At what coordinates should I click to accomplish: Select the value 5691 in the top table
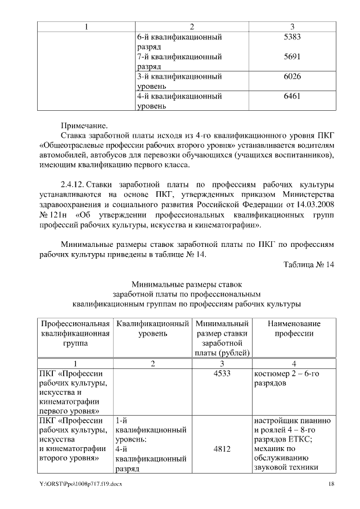(x=292, y=56)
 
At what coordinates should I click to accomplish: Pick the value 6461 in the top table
(x=292, y=96)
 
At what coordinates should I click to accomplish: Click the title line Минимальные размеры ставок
(x=186, y=284)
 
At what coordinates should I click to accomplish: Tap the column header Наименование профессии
(x=294, y=329)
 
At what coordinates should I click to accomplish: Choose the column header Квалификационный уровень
(x=151, y=329)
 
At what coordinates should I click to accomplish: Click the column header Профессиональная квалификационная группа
(x=75, y=334)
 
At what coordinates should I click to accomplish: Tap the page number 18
(x=332, y=484)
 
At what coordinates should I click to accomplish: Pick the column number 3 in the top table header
(x=292, y=26)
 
